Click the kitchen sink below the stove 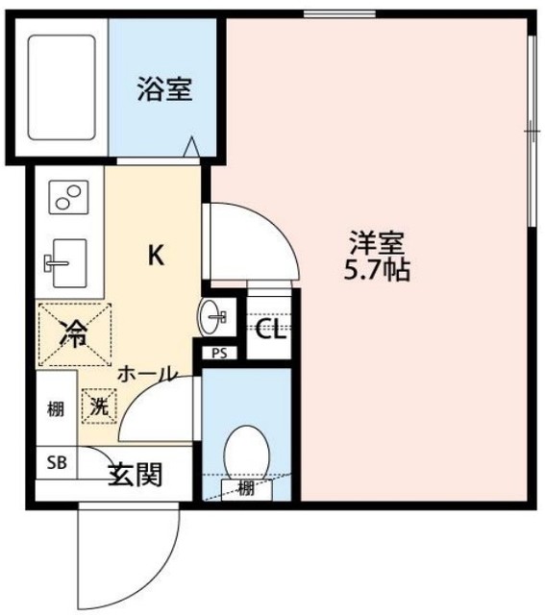pos(65,260)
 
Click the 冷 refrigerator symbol pos(74,334)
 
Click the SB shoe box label pos(58,462)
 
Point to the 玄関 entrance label pos(135,474)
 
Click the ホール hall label pos(146,375)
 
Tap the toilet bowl pos(245,454)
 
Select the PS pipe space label pos(219,352)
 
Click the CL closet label pos(269,332)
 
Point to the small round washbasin pos(215,313)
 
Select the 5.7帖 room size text pos(377,270)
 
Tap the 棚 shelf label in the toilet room pos(246,489)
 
